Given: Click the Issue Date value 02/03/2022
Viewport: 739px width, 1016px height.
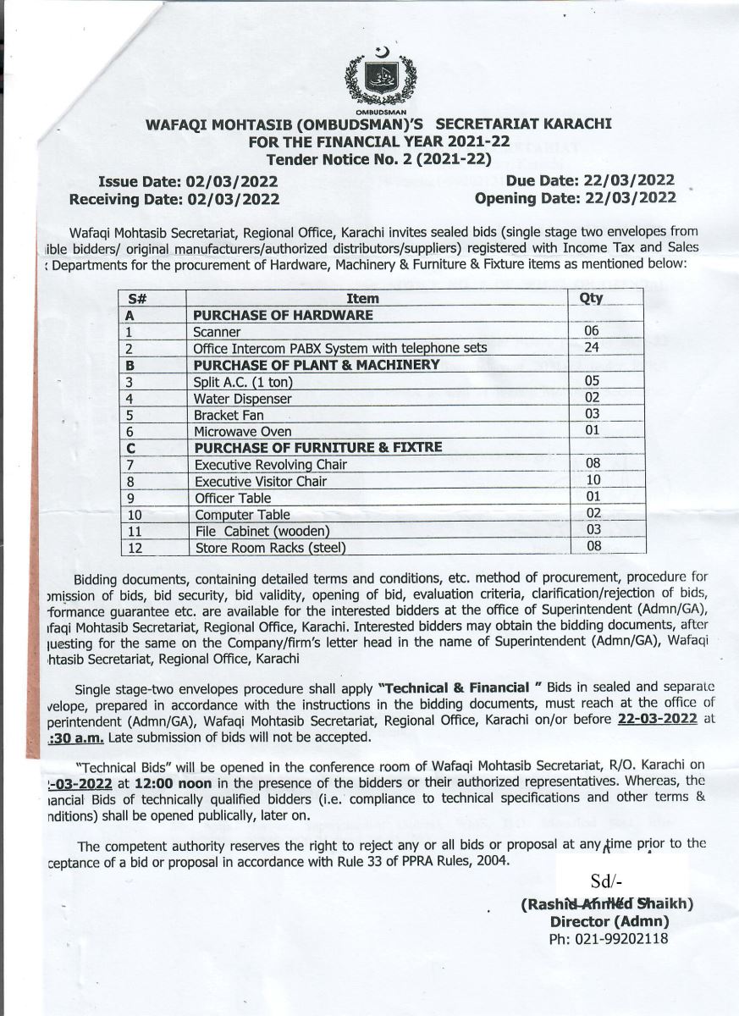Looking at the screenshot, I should tap(232, 181).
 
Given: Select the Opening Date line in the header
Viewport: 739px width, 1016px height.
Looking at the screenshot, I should tap(575, 198).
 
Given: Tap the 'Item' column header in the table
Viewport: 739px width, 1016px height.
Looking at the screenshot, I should tap(363, 298).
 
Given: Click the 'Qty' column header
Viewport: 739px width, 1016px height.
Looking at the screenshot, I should tap(592, 298).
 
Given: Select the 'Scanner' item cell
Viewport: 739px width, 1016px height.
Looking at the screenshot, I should tap(217, 332).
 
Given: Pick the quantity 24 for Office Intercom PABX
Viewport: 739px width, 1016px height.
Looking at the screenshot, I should tap(592, 347).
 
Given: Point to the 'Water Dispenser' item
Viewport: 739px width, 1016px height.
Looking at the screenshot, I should tap(243, 398).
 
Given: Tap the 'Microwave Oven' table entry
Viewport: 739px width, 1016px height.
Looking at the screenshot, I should tap(243, 431).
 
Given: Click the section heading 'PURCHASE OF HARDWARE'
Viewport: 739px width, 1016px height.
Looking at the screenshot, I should tap(283, 315).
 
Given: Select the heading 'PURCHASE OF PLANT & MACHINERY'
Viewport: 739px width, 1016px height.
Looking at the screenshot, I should tap(317, 365).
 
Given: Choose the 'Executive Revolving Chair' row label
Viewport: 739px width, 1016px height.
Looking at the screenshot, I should tap(270, 465).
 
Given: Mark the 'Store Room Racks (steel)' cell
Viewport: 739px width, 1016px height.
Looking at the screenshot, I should tap(270, 548).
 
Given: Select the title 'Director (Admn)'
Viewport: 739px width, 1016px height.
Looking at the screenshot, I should tap(609, 921).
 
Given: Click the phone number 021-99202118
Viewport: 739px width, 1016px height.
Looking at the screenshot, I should tap(609, 939).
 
